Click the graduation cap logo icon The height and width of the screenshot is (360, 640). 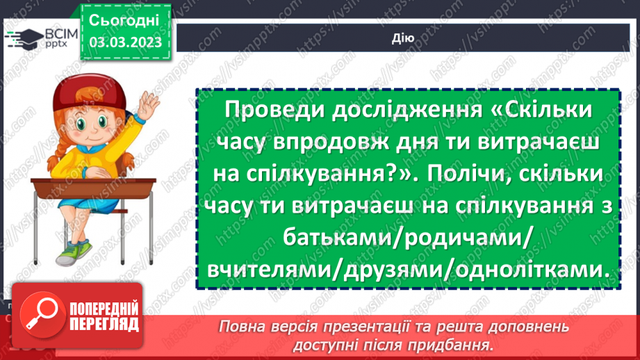(22, 38)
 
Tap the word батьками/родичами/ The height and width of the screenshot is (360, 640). (408, 238)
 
